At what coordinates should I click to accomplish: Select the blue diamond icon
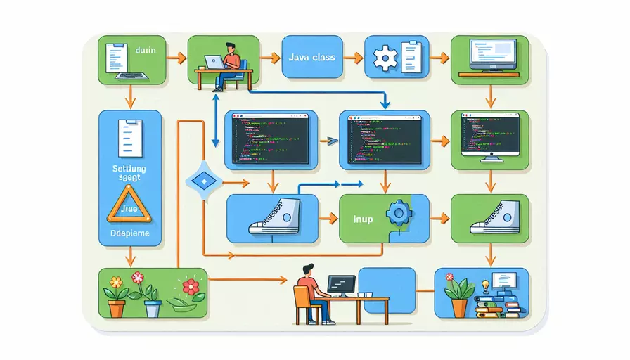202,181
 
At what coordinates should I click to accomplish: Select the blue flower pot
153,307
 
